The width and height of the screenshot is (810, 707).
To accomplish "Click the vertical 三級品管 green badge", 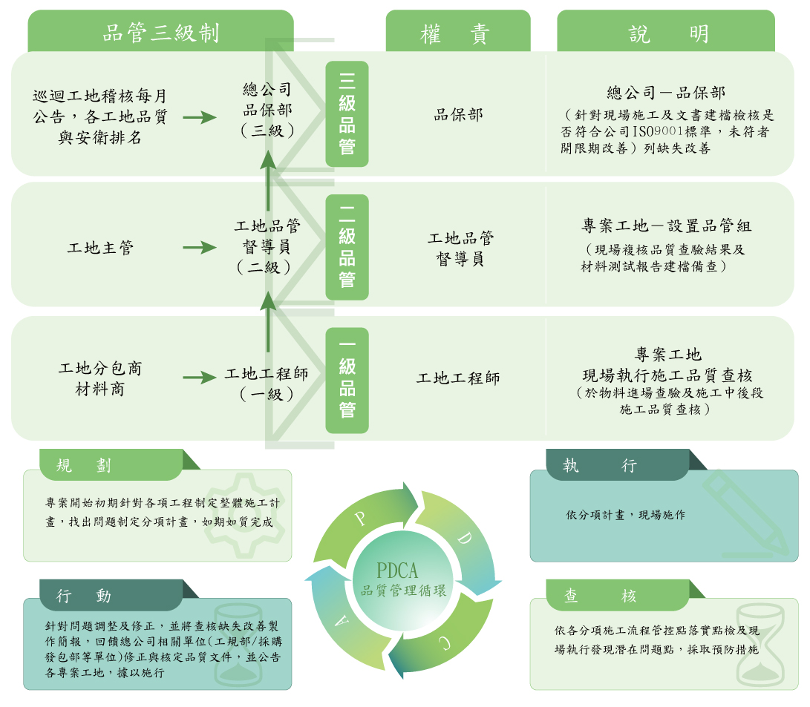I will (x=347, y=114).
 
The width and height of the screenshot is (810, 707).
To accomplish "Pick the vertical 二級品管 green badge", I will (x=347, y=247).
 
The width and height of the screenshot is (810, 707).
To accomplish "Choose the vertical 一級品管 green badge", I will (x=347, y=380).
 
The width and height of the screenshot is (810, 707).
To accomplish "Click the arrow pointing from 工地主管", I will (x=199, y=248).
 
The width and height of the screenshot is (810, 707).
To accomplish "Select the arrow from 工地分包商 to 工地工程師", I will (x=199, y=378).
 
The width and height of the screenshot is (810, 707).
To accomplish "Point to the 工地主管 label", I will (x=100, y=248).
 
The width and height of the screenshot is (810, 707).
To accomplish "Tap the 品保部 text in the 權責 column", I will (x=458, y=114).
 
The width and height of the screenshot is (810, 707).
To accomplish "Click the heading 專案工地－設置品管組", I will (x=666, y=226).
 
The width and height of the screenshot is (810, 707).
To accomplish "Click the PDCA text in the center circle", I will (x=397, y=570).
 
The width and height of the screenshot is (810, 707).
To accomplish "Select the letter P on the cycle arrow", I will (x=362, y=518).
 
